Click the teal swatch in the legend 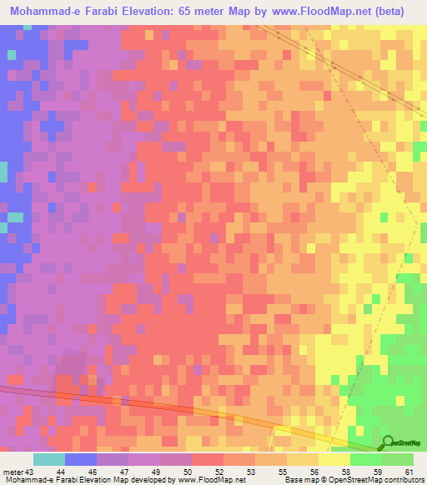tap(49, 459)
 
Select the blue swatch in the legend tap(81, 459)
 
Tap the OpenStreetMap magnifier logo tap(388, 442)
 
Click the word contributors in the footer tap(404, 480)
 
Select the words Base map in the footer tap(298, 480)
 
